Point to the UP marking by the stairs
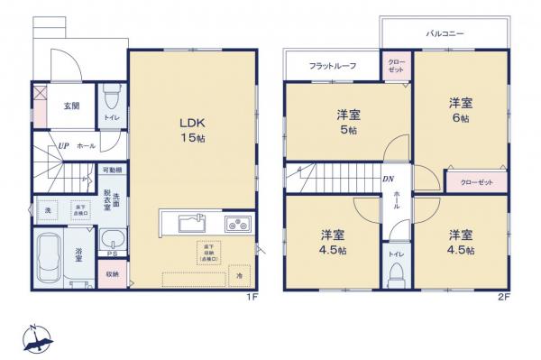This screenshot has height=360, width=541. [x=64, y=144]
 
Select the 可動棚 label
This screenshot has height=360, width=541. [x=112, y=170]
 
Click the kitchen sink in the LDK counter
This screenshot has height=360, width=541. [x=191, y=223]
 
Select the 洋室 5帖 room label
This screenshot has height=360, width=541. [x=349, y=122]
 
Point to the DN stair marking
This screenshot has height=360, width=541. [x=387, y=179]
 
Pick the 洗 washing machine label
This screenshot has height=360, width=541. [x=48, y=210]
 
